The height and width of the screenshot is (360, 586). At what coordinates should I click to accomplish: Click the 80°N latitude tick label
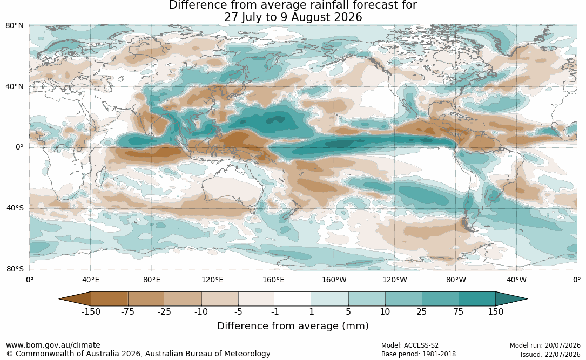click(x=14, y=26)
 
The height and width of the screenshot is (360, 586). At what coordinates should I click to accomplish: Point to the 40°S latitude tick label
click(x=15, y=208)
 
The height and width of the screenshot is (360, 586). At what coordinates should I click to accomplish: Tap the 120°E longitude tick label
click(x=212, y=280)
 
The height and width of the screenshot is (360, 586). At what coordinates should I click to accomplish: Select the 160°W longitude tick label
click(x=334, y=280)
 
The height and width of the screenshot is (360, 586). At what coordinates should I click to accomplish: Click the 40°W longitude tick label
click(x=516, y=280)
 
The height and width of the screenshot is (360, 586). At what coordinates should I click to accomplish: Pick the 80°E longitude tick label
click(x=151, y=280)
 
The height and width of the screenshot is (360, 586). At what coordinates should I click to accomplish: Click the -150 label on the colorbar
click(x=91, y=312)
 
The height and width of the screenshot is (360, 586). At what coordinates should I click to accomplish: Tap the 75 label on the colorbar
click(x=458, y=312)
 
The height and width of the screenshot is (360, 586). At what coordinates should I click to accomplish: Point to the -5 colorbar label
click(x=238, y=312)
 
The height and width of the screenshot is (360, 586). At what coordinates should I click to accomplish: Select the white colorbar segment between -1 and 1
click(x=293, y=299)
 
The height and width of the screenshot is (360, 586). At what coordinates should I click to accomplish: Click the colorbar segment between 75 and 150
click(x=477, y=299)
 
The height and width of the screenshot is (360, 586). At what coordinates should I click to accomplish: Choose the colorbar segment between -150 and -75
click(x=110, y=299)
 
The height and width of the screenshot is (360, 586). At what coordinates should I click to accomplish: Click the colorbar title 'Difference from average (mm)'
click(x=293, y=326)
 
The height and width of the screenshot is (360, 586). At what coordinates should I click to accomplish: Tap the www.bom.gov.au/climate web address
click(x=53, y=345)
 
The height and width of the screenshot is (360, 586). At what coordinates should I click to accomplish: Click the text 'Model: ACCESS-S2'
click(x=410, y=345)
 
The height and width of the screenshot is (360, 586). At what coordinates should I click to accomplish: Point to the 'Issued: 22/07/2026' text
click(x=550, y=354)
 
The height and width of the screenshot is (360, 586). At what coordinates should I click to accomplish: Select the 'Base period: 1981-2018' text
click(x=419, y=354)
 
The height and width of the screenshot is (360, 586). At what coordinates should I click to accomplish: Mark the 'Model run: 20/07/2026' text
click(x=545, y=345)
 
